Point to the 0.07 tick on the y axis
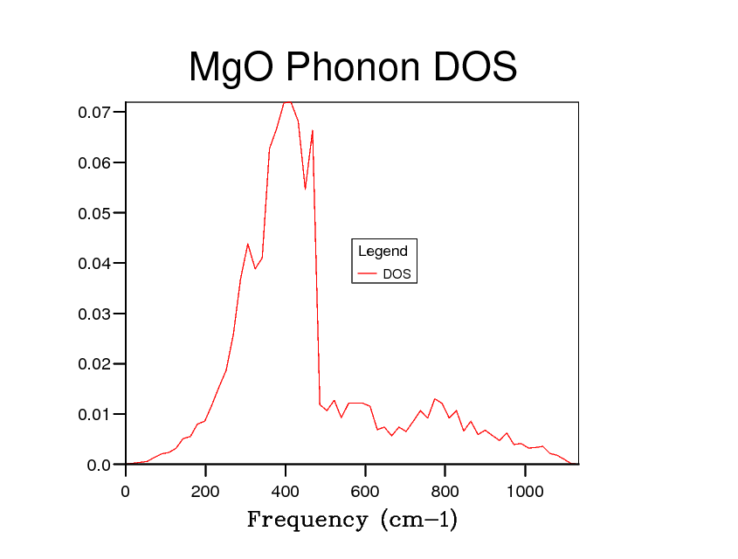[x=94, y=113]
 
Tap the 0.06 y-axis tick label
[x=94, y=163]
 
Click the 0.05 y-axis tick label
[x=94, y=213]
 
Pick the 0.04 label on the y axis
[x=94, y=264]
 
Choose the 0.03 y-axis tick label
[x=94, y=314]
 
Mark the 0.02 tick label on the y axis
[x=94, y=364]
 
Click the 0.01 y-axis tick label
[x=94, y=414]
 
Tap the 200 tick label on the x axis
[x=205, y=492]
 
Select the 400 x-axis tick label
[x=286, y=492]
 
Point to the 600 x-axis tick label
[x=365, y=492]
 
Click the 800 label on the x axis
[x=445, y=492]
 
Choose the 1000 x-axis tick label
[x=525, y=492]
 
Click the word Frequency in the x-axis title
[x=307, y=520]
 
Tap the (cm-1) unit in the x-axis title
[x=418, y=520]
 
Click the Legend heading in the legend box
[x=383, y=252]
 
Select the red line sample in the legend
[x=367, y=274]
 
